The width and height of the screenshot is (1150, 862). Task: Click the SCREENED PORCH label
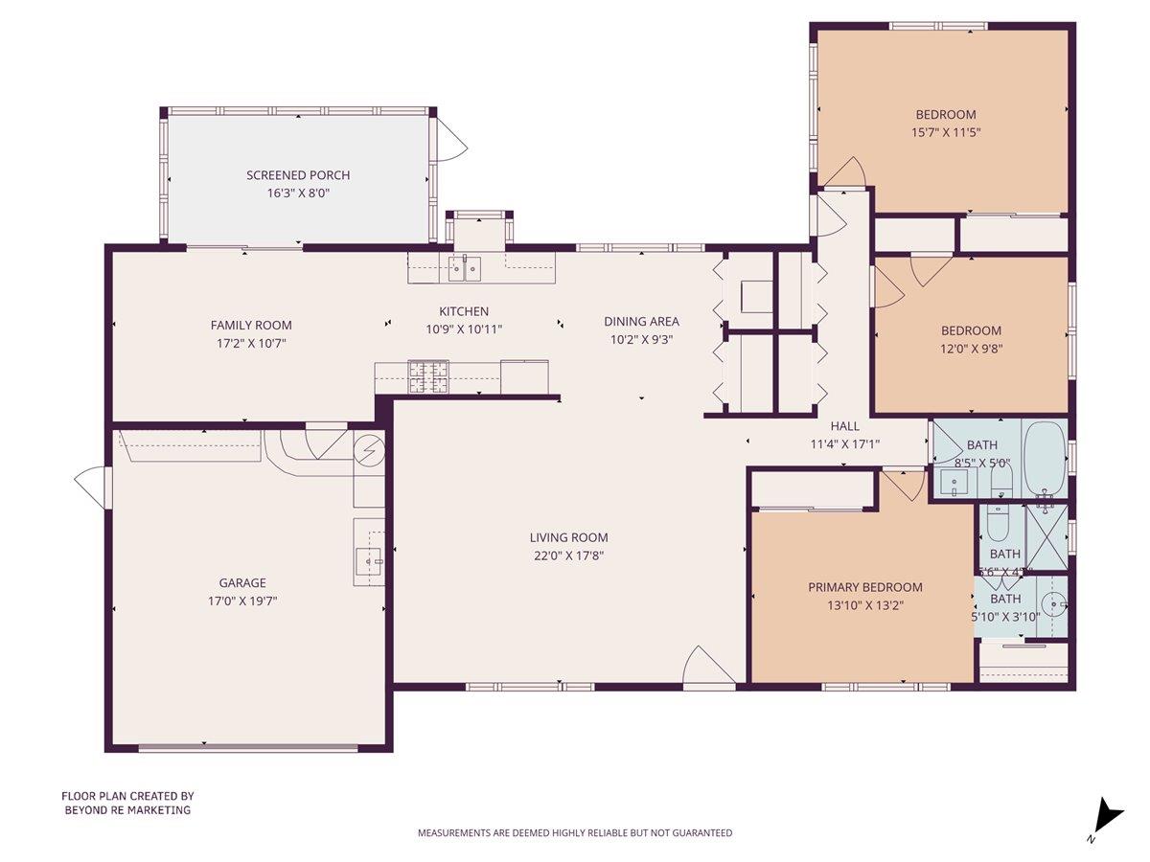tap(298, 175)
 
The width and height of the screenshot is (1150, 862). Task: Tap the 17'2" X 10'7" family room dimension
tap(251, 342)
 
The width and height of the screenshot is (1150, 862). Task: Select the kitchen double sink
tap(465, 269)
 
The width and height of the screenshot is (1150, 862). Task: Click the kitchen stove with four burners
tap(428, 376)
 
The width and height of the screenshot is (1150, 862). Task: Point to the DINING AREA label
tap(641, 322)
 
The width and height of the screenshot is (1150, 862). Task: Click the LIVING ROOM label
tap(568, 537)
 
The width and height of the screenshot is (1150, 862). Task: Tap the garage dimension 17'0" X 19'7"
tap(242, 601)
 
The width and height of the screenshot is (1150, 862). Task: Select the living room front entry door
tap(707, 668)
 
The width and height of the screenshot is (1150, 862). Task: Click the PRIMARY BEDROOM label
tap(864, 587)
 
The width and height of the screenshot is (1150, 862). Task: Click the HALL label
tap(844, 426)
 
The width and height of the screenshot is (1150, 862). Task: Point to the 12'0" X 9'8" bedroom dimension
tap(971, 349)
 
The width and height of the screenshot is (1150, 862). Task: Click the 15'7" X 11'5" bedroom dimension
tap(945, 132)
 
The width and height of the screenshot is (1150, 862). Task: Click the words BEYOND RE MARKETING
tap(127, 810)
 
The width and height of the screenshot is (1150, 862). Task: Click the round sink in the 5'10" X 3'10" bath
tap(1053, 604)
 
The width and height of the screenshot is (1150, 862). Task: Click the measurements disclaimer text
tap(574, 833)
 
